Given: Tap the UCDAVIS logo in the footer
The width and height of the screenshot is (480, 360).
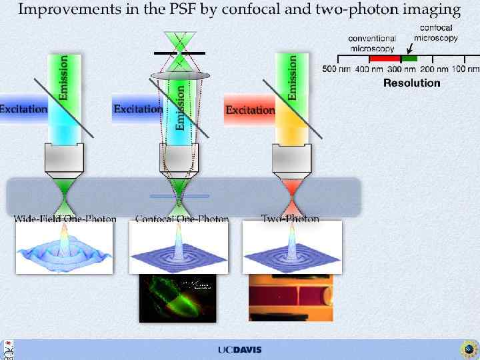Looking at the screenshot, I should [x=239, y=350].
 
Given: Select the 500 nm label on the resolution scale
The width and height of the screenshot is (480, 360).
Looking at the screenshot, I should [x=337, y=69].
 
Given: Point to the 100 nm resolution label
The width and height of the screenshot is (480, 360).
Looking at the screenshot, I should [x=465, y=69].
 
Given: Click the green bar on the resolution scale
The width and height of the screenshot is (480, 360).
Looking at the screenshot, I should [x=409, y=59].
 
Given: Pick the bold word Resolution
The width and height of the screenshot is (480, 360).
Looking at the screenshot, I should [x=411, y=83].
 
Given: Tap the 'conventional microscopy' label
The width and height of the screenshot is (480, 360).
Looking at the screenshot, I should [x=372, y=43].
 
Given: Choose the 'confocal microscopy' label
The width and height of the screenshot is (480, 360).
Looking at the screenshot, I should [x=436, y=33].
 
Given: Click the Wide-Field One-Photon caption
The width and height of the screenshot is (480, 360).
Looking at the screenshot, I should [x=65, y=219].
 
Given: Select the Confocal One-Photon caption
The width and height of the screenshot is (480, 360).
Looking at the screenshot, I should [x=182, y=219].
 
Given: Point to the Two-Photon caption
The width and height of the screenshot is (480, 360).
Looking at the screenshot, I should [x=290, y=219].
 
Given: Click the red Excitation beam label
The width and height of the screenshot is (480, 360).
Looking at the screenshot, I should [x=250, y=110].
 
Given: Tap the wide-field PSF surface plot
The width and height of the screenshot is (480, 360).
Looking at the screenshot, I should [x=64, y=248].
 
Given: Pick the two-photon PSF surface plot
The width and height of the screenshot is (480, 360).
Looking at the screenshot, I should [x=292, y=248].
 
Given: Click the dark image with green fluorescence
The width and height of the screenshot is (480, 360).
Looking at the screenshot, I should [x=177, y=299].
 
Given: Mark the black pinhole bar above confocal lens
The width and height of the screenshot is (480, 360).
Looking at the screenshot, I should [x=179, y=53].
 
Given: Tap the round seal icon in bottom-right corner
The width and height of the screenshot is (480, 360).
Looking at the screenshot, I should [x=469, y=349].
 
